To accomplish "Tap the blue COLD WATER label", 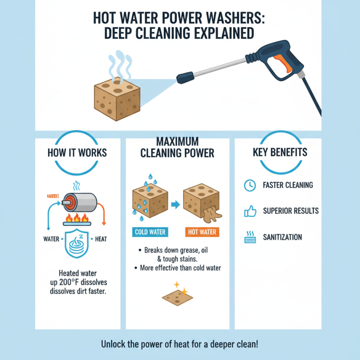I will point(150,233).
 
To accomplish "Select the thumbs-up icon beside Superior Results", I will point(249,211).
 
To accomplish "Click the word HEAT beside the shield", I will point(101,239).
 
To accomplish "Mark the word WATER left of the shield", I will point(51,239).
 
